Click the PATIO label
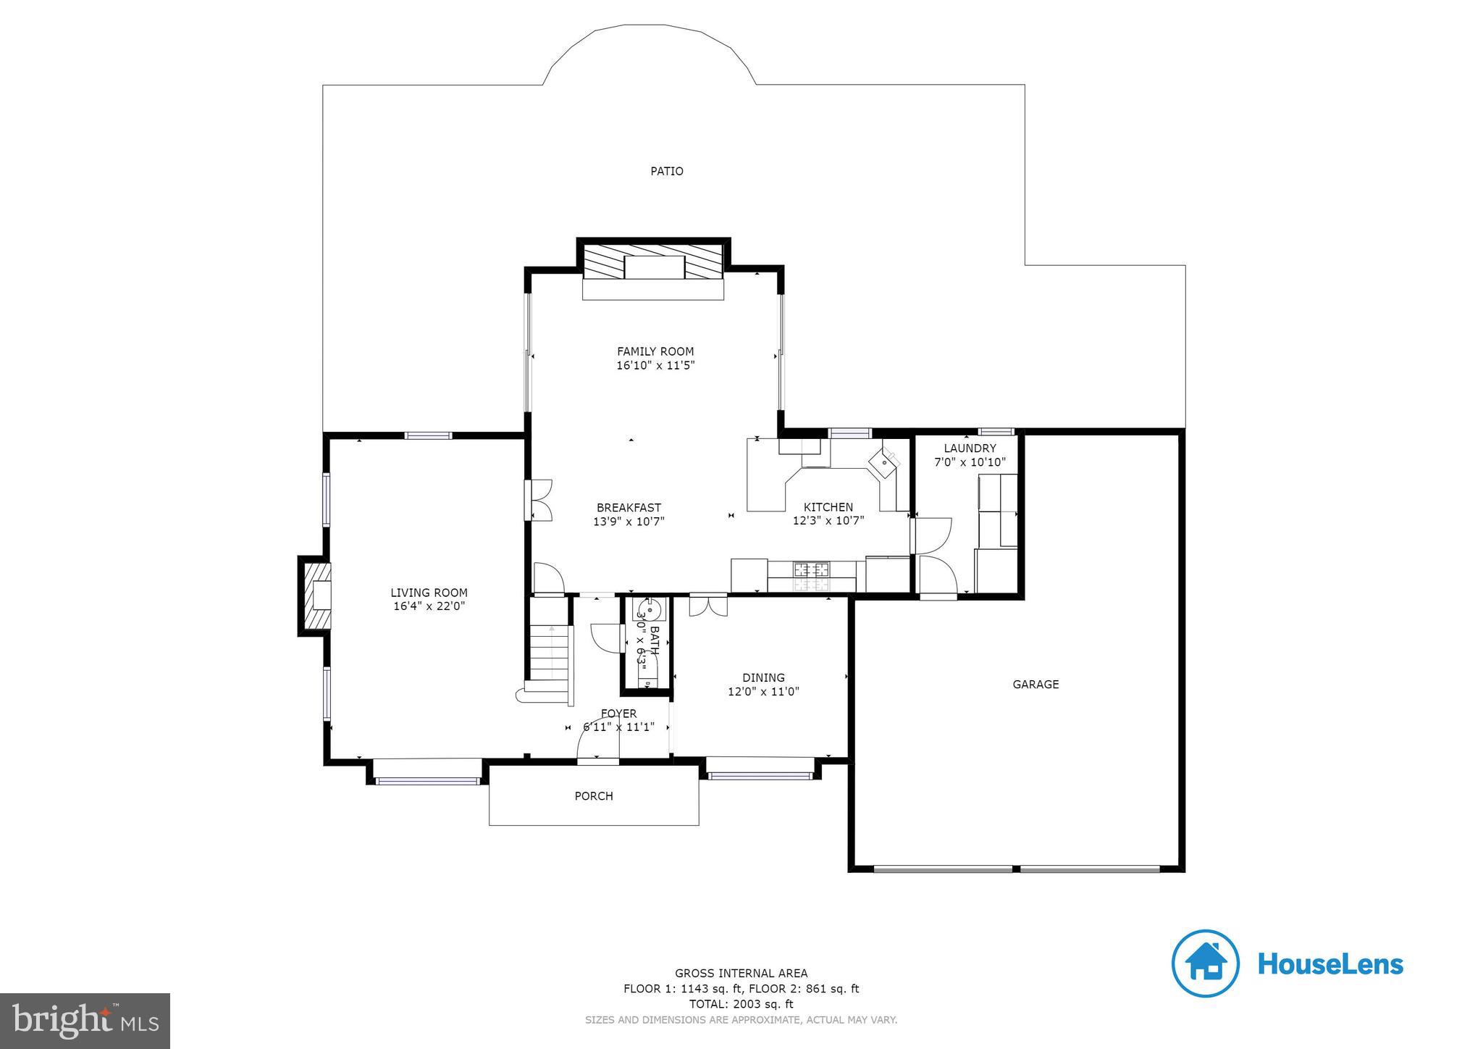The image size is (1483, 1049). [x=666, y=172]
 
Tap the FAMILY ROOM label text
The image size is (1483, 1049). [x=655, y=352]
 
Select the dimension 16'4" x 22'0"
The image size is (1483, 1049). [x=429, y=606]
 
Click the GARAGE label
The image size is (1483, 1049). [x=1035, y=684]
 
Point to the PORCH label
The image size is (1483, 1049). [x=594, y=796]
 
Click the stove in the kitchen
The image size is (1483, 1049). [x=811, y=577]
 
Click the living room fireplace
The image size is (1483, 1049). [x=316, y=595]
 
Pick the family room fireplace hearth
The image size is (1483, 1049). [x=653, y=289]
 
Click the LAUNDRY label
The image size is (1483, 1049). [x=970, y=448]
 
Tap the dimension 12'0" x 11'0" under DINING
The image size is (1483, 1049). [x=763, y=692]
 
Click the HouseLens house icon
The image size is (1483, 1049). [x=1206, y=964]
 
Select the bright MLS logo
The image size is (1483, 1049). [x=85, y=1021]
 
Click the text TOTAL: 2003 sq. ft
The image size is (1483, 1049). [x=741, y=1004]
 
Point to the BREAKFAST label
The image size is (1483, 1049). [x=629, y=508]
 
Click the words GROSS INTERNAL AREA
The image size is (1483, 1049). [x=741, y=974]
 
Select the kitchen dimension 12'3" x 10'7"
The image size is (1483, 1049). [x=828, y=520]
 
